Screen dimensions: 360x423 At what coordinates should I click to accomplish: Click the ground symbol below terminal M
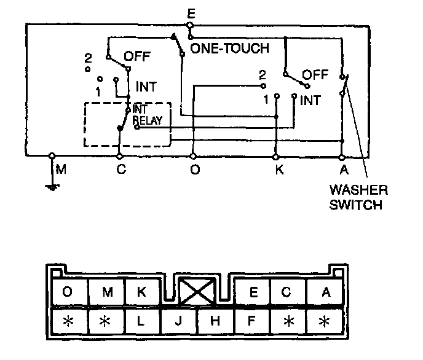pyautogui.click(x=52, y=184)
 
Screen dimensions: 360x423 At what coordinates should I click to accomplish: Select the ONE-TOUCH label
pyautogui.click(x=230, y=48)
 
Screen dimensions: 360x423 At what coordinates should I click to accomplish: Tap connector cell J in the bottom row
pyautogui.click(x=178, y=321)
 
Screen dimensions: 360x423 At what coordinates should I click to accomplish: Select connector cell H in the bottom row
pyautogui.click(x=215, y=321)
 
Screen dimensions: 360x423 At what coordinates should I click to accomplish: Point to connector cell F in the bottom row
pyautogui.click(x=251, y=321)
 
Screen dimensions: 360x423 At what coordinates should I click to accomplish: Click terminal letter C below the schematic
pyautogui.click(x=121, y=170)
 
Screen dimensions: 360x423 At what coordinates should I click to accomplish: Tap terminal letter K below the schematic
pyautogui.click(x=279, y=170)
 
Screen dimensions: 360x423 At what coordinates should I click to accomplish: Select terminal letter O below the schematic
pyautogui.click(x=194, y=170)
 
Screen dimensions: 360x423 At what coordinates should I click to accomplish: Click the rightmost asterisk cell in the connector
pyautogui.click(x=325, y=321)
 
